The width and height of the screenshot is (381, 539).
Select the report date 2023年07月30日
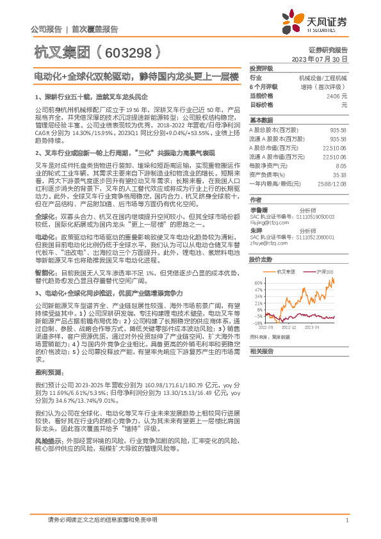[x=318, y=59]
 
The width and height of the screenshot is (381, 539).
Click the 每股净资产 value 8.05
[x=341, y=165]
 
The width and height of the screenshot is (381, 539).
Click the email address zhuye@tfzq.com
[x=267, y=244]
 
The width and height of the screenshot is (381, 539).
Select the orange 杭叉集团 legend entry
[x=286, y=271]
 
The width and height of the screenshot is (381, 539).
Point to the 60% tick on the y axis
[x=257, y=283]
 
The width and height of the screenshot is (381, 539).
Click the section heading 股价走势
[x=261, y=259]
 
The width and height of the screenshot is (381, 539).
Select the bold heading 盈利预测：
[x=49, y=371]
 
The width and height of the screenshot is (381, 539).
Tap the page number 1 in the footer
[x=346, y=520]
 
